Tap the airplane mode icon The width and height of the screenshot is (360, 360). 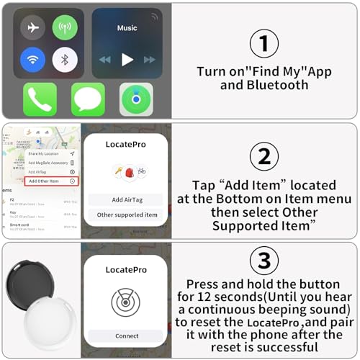[32, 27]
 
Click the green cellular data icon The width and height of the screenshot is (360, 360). [66, 27]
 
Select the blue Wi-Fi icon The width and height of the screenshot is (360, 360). [32, 59]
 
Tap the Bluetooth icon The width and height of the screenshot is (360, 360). [66, 59]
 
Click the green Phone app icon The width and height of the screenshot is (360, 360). [40, 99]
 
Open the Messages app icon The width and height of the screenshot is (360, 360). [88, 99]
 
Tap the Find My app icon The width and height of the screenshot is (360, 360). [136, 99]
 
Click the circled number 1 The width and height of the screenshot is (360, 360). [264, 44]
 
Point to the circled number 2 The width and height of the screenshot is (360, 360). [264, 156]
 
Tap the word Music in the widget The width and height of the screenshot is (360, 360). [127, 28]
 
